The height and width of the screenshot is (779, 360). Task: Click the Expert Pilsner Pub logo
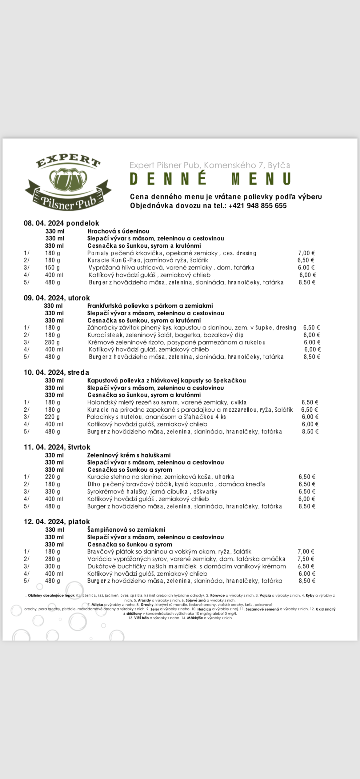[x=68, y=183]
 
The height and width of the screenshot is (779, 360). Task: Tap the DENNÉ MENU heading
[x=210, y=179]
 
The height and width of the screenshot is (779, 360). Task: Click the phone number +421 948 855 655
[x=258, y=206]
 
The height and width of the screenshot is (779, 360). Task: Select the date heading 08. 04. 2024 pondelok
[x=62, y=223]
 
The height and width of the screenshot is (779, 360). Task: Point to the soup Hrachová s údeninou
[x=118, y=231]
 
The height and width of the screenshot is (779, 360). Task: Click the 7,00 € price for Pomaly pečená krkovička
[x=306, y=253]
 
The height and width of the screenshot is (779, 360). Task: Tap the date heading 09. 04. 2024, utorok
[x=57, y=298]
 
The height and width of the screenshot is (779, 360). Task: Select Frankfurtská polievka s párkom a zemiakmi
[x=150, y=306]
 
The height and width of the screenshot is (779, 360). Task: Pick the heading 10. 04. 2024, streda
[x=57, y=372]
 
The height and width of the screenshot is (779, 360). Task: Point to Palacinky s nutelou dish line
[x=156, y=417]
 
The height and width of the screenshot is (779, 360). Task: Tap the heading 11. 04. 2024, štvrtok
[x=57, y=447]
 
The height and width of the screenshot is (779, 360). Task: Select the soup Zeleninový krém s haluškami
[x=129, y=455]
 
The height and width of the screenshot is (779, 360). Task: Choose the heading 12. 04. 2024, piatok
[x=57, y=521]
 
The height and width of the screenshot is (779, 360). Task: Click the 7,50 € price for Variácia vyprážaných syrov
[x=306, y=559]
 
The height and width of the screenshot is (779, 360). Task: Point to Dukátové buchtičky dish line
[x=186, y=566]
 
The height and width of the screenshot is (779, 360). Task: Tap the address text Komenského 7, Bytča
[x=247, y=165]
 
